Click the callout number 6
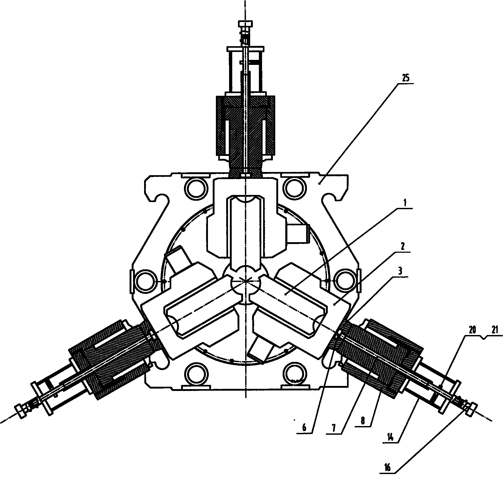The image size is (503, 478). click(304, 428)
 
